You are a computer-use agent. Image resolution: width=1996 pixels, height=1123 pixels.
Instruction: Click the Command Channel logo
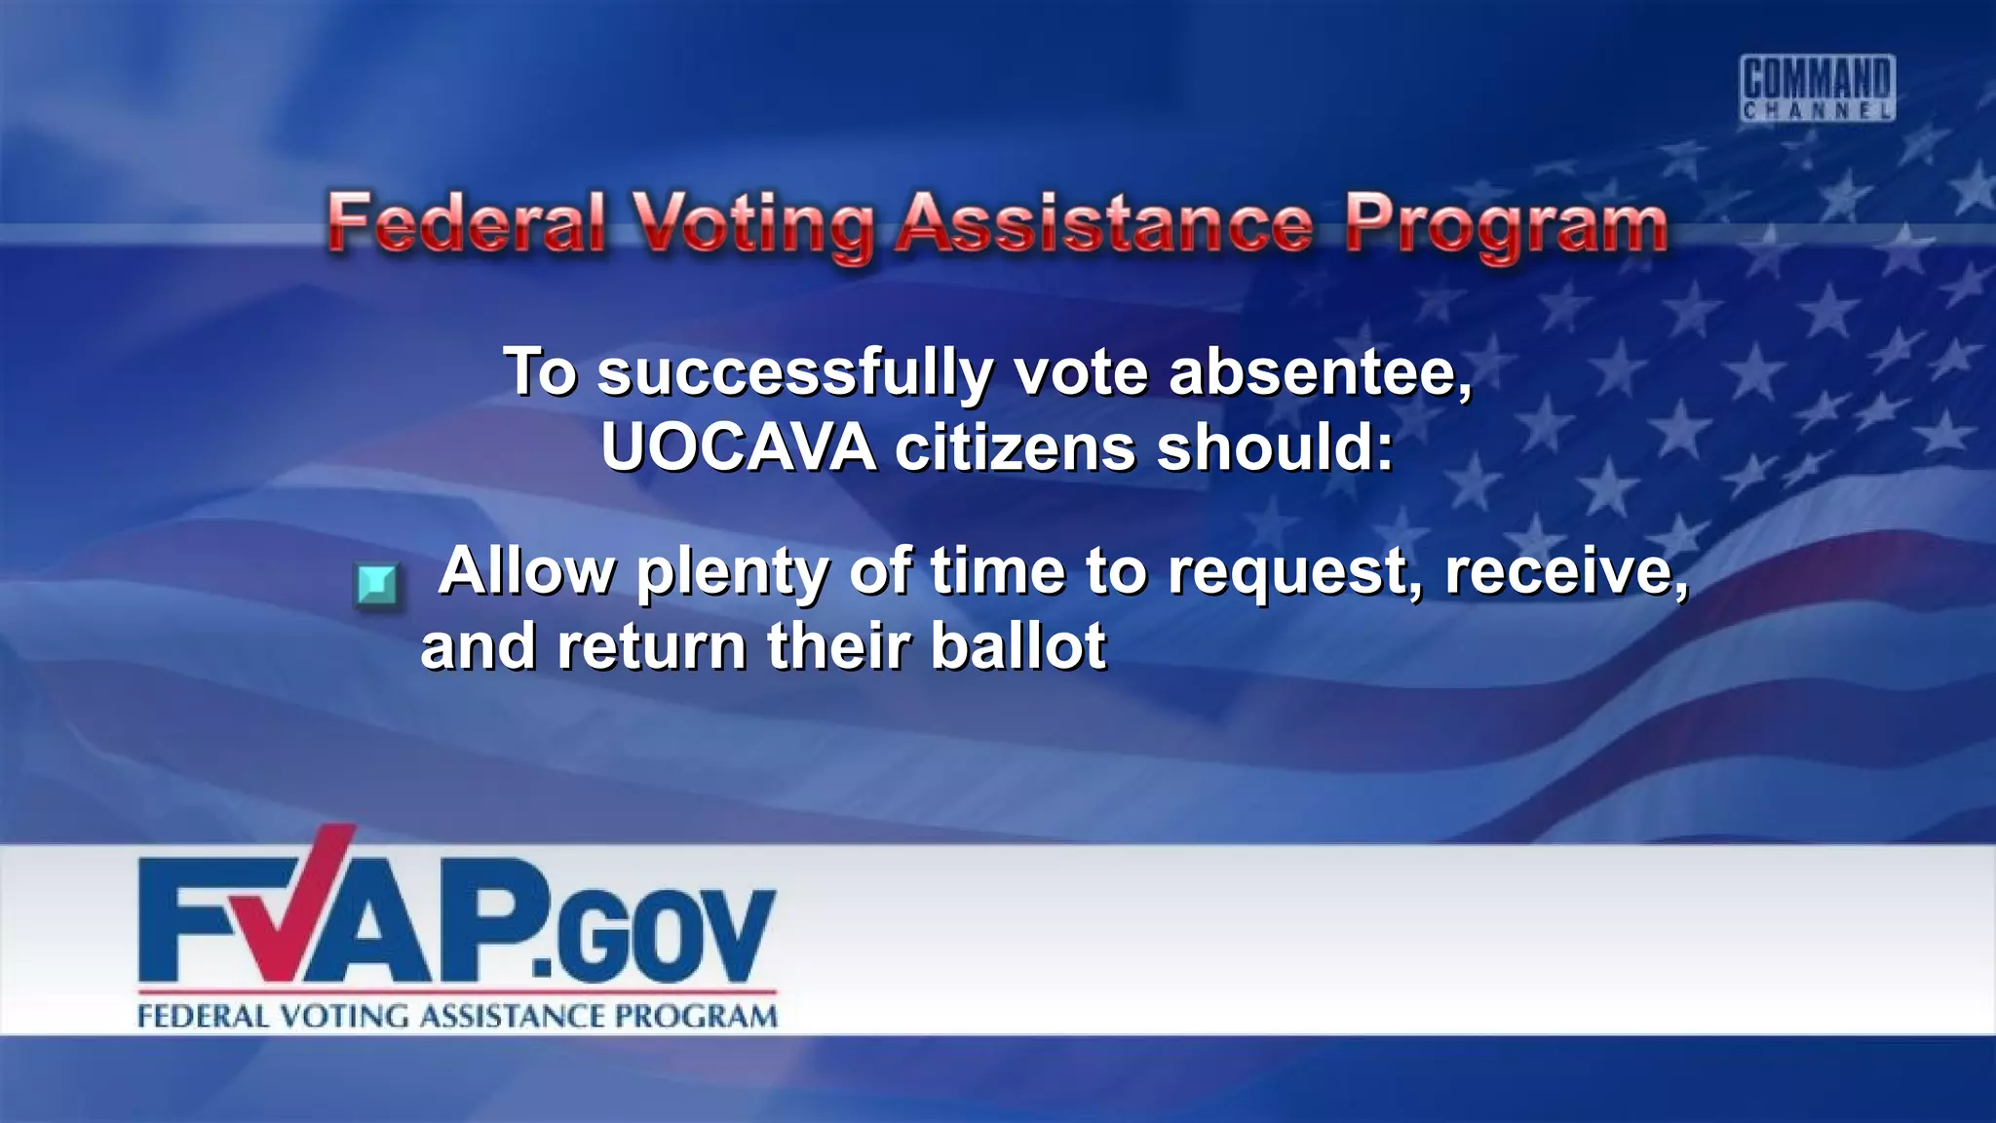[1818, 88]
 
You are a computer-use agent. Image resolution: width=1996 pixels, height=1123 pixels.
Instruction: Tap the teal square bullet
[376, 585]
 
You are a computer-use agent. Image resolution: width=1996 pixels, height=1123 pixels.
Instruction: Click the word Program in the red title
[1507, 226]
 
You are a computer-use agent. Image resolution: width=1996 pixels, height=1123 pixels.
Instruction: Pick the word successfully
[795, 373]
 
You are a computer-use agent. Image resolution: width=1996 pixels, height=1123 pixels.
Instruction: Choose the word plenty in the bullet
[732, 572]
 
